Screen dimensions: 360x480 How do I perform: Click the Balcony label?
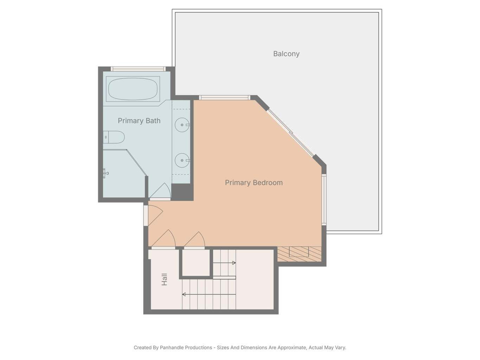(286, 54)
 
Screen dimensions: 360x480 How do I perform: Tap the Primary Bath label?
(139, 121)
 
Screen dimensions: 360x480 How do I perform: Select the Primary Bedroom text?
(254, 182)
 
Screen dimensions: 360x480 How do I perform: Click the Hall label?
(164, 279)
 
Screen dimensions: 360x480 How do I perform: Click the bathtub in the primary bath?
(133, 89)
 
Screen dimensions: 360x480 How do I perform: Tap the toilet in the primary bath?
(114, 137)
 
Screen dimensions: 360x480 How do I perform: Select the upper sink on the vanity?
(182, 125)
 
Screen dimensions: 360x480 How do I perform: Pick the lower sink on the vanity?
(182, 160)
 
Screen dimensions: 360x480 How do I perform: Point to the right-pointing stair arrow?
(224, 263)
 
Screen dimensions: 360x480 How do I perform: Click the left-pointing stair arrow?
(209, 294)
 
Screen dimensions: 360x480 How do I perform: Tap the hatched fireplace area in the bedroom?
(299, 254)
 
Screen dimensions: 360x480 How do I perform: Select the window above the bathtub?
(138, 69)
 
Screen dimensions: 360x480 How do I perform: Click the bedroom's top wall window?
(224, 98)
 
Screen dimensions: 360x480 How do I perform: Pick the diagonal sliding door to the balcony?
(290, 133)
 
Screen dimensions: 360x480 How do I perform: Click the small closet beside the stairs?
(196, 263)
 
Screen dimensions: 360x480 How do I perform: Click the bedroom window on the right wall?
(324, 199)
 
